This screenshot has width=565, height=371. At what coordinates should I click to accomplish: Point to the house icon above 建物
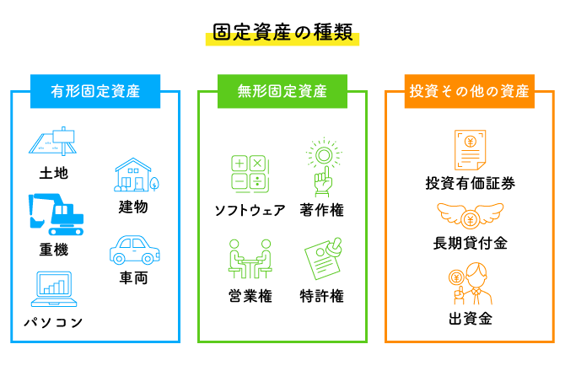click(135, 175)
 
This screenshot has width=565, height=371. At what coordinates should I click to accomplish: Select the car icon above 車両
click(133, 250)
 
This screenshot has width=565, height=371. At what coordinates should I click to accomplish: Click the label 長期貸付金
click(470, 244)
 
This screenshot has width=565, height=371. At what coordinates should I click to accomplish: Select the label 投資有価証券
click(470, 183)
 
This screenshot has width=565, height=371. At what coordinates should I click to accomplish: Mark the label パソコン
click(52, 322)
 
